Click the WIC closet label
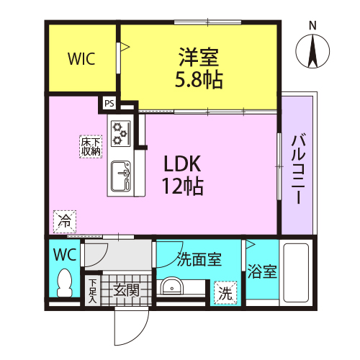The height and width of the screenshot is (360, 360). [81, 58]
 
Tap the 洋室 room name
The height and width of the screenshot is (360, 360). [199, 57]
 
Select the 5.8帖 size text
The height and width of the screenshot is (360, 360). [199, 79]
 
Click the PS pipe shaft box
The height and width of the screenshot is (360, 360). [109, 103]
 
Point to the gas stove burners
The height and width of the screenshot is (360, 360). [120, 133]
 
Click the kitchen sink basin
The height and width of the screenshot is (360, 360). [121, 176]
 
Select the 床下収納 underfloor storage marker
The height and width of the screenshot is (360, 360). [91, 147]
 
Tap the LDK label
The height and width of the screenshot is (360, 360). [182, 163]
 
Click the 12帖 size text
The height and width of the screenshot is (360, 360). [183, 186]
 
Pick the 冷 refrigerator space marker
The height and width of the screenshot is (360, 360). [65, 221]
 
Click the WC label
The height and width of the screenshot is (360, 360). [65, 254]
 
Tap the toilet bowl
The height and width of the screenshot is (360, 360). [65, 283]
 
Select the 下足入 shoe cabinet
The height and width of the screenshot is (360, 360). [93, 291]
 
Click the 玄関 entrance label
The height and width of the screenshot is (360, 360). [126, 290]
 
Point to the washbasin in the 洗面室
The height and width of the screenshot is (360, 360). [172, 286]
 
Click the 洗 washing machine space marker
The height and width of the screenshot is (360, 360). [225, 293]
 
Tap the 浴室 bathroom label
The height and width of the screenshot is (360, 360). [262, 271]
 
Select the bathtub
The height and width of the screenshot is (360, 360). [296, 273]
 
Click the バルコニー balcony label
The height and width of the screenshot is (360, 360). [298, 170]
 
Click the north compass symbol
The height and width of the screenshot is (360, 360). [312, 51]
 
